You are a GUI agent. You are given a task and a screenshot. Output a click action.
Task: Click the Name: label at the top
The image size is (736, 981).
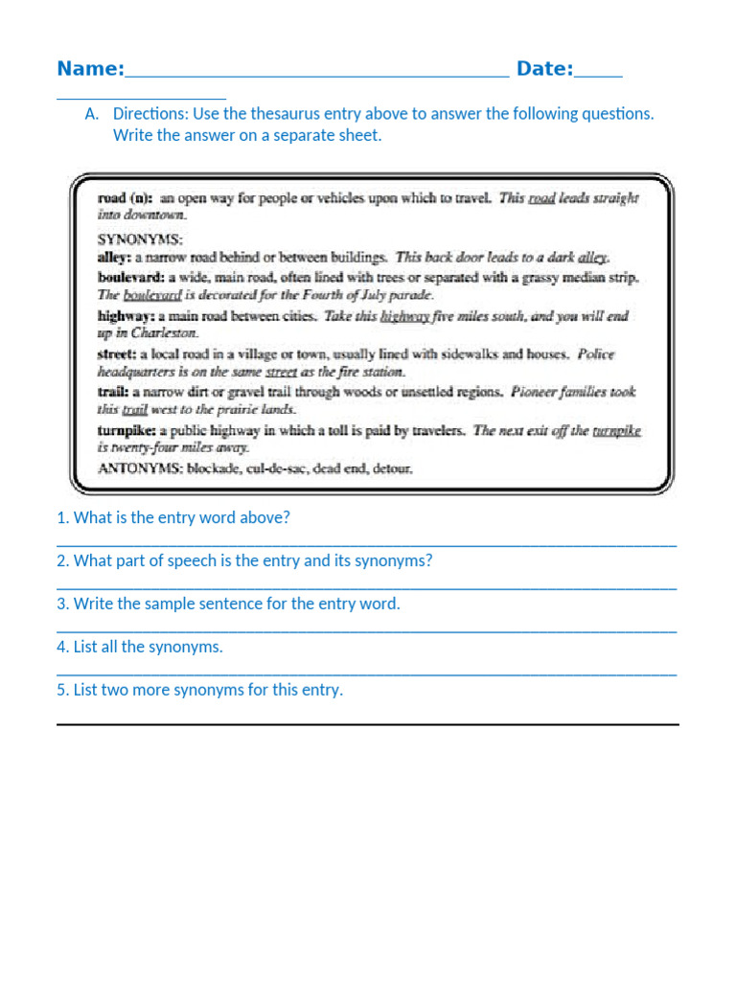coord(90,69)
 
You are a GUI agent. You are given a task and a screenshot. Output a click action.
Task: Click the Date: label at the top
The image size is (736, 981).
coord(544,69)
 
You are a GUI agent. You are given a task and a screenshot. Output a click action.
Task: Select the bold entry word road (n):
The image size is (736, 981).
coord(125,198)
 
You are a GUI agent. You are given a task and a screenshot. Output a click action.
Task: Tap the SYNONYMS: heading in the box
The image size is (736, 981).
coord(140,239)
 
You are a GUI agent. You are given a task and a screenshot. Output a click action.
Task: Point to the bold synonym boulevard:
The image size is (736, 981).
coord(131,277)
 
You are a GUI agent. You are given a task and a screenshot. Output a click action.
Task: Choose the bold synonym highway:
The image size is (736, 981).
coord(126,315)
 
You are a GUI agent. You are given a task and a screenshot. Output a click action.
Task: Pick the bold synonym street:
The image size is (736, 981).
coord(116,354)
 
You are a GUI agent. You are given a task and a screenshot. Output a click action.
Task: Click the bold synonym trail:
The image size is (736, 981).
coord(112,392)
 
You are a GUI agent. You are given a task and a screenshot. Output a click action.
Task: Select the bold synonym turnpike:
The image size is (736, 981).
coord(127,430)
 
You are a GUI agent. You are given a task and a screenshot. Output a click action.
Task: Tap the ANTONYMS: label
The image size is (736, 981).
coord(140,468)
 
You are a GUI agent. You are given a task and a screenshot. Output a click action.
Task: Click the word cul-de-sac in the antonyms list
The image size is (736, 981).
coord(284,468)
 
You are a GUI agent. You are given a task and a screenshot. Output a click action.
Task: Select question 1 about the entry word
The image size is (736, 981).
coord(173,518)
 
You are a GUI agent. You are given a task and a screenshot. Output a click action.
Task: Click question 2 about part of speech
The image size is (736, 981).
coord(244,561)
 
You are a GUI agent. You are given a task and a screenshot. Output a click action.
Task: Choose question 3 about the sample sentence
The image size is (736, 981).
coord(228,605)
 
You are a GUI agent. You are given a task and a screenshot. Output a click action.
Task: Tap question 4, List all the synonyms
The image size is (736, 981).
coord(140,648)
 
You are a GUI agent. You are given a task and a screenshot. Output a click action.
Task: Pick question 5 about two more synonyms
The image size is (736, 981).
coord(199,691)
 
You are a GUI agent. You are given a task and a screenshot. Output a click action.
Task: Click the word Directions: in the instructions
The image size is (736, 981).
coord(150,114)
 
